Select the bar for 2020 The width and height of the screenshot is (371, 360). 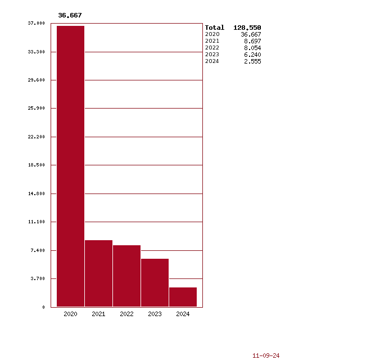pyautogui.click(x=70, y=166)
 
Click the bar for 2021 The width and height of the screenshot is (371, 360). pyautogui.click(x=98, y=273)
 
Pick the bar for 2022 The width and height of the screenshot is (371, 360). pyautogui.click(x=126, y=276)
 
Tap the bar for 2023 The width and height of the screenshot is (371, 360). pyautogui.click(x=155, y=282)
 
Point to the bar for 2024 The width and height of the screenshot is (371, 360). pyautogui.click(x=183, y=297)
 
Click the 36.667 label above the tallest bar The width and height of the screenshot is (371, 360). pyautogui.click(x=70, y=15)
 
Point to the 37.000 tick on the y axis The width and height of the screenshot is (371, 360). pyautogui.click(x=36, y=23)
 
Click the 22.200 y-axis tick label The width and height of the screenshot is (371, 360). pyautogui.click(x=36, y=137)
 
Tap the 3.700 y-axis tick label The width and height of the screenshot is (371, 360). pyautogui.click(x=37, y=278)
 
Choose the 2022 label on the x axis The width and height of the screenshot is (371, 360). pyautogui.click(x=126, y=314)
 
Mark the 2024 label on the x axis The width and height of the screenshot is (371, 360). pyautogui.click(x=183, y=314)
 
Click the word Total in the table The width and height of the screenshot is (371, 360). pyautogui.click(x=214, y=28)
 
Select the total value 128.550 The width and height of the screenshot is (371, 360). pyautogui.click(x=247, y=28)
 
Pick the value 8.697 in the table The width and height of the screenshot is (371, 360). pyautogui.click(x=252, y=41)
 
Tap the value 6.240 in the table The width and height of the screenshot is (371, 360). pyautogui.click(x=252, y=55)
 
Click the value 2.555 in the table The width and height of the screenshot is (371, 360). pyautogui.click(x=252, y=61)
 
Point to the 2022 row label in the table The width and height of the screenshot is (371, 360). pyautogui.click(x=212, y=48)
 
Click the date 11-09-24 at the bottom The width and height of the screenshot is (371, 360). pyautogui.click(x=266, y=355)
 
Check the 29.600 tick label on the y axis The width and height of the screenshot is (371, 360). pyautogui.click(x=36, y=80)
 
